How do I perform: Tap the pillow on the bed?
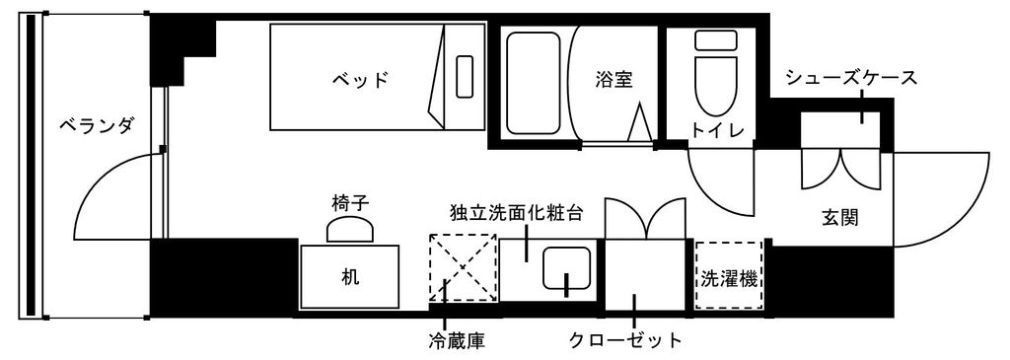click(x=465, y=76)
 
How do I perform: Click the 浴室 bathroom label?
click(x=613, y=79)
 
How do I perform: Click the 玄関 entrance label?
click(x=839, y=217)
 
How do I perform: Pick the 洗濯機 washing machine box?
click(x=729, y=277)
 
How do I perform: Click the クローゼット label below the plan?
click(x=625, y=341)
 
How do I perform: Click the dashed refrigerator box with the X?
click(x=462, y=266)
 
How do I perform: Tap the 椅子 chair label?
click(x=350, y=202)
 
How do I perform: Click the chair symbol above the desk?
click(x=350, y=229)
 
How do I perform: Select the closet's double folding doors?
click(x=644, y=218)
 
